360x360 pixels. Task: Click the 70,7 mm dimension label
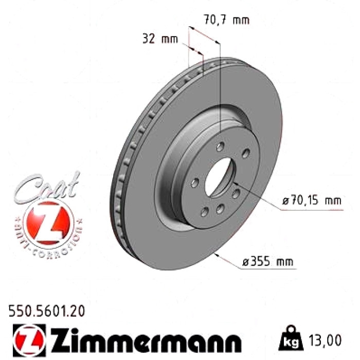(x=227, y=20)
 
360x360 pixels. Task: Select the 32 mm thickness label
(x=160, y=39)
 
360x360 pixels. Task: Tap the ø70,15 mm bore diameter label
(x=312, y=201)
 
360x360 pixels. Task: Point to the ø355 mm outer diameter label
(x=268, y=261)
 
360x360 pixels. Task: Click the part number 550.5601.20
(x=47, y=311)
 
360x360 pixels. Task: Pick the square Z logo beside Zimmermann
(x=29, y=340)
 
